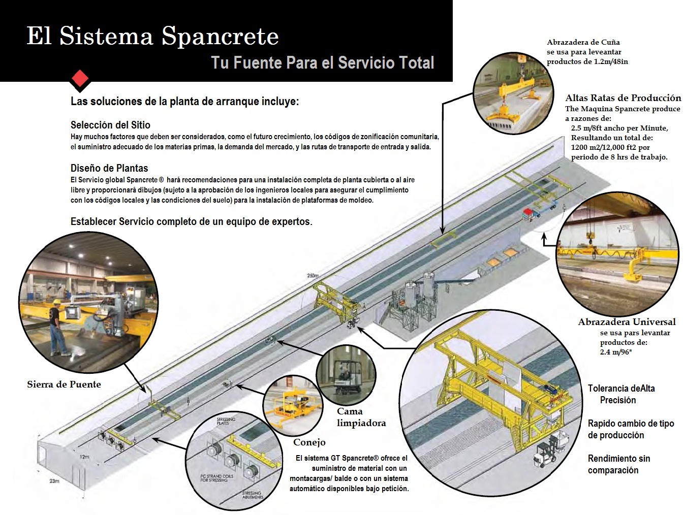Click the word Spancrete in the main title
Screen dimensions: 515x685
(220, 36)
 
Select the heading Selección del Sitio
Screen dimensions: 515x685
(110, 125)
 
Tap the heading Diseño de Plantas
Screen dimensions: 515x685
(109, 168)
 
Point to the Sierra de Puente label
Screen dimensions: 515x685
(64, 384)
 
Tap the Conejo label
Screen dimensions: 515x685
(309, 442)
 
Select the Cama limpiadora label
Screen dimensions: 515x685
(361, 417)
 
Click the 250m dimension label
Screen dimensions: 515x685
(313, 276)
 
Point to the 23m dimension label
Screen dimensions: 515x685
(54, 480)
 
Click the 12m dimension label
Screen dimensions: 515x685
(84, 457)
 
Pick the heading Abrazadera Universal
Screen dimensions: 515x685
(627, 322)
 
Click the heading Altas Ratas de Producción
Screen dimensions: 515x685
(623, 98)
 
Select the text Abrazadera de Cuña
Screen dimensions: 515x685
(583, 42)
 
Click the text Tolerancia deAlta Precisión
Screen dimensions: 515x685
(621, 394)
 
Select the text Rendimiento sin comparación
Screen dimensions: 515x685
(618, 464)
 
